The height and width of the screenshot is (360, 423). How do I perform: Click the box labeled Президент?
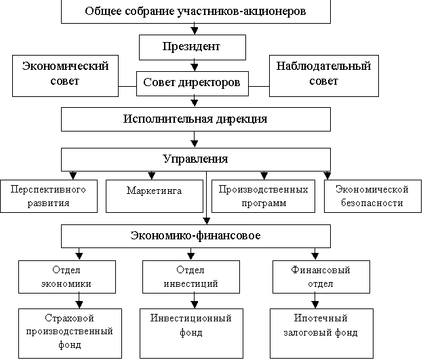coord(193,47)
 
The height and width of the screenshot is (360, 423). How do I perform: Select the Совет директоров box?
coord(193,83)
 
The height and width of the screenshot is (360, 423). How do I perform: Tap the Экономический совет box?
coord(65,76)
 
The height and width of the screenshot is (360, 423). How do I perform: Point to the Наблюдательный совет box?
coord(324,76)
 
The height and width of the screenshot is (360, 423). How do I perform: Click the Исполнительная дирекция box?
coord(196,119)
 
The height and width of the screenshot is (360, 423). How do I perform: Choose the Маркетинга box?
coord(155,196)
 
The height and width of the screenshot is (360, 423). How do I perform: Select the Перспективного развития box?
coord(49,196)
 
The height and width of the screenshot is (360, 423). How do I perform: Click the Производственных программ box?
coord(263,196)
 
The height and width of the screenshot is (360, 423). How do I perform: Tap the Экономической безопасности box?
coord(373,196)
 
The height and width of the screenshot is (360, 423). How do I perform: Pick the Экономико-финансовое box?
coord(196,236)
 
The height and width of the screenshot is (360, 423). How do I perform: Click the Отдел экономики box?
coord(67,277)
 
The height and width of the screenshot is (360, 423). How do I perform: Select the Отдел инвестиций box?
coord(191,277)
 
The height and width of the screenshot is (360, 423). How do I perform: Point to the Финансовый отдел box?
coord(321,277)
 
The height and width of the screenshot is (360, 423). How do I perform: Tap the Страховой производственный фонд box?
coord(70,334)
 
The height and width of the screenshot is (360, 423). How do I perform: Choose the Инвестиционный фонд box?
coord(191,334)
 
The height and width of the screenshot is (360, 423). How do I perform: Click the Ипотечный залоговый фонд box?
coord(321,334)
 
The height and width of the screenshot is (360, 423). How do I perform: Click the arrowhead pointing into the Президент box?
coord(195,31)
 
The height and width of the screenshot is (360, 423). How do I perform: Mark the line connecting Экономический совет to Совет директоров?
coord(127,87)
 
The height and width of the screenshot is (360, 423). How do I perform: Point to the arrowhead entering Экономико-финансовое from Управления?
coord(206,221)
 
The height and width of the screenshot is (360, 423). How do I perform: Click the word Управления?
coord(196,159)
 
